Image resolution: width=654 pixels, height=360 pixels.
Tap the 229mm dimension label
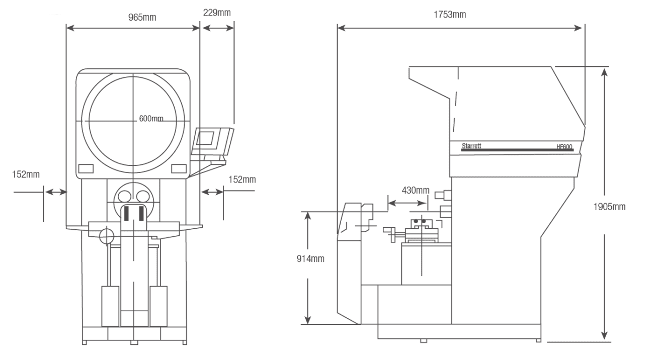click(217, 13)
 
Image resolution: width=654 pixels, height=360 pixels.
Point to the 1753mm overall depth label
click(449, 15)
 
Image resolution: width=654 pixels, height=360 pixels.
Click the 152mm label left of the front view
click(26, 174)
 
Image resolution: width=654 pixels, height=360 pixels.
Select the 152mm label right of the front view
click(242, 179)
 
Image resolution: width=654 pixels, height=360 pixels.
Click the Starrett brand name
click(471, 145)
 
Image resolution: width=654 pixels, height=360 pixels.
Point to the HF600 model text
click(564, 147)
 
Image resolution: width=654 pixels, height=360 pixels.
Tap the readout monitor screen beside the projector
click(207, 137)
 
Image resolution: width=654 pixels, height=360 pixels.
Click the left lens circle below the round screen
click(124, 195)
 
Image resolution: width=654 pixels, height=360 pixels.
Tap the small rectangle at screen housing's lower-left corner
click(86, 168)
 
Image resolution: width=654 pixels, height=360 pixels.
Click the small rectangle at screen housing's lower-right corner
click(179, 168)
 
